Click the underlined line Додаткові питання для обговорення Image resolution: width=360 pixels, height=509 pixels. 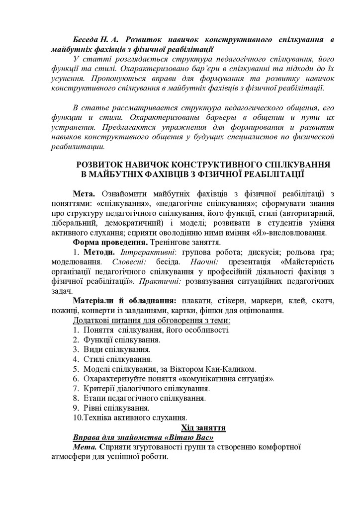[x=152, y=321]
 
